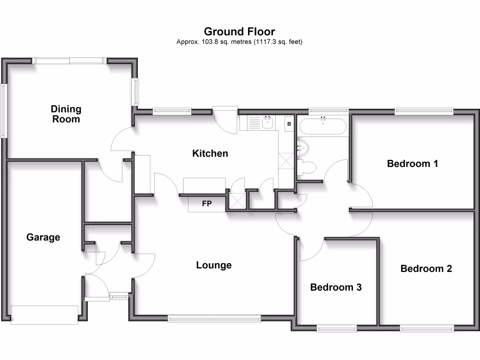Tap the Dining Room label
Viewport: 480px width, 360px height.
[x=66, y=114]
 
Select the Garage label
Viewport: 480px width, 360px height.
[x=43, y=237]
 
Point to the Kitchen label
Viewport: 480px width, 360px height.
[x=210, y=153]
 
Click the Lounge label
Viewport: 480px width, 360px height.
[x=214, y=265]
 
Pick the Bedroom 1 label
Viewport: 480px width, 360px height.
[x=412, y=164]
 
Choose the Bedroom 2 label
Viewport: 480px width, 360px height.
[x=426, y=269]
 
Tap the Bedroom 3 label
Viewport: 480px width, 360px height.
[x=336, y=287]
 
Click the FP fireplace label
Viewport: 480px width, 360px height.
[x=206, y=204]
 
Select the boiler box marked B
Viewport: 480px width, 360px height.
[x=289, y=124]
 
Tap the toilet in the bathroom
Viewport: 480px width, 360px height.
[x=307, y=167]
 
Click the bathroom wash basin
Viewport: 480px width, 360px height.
[x=302, y=148]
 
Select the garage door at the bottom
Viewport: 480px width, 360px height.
[x=45, y=315]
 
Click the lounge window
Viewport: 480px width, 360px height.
[x=214, y=319]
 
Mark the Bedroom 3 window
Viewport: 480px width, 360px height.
[x=336, y=329]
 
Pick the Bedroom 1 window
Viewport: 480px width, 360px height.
[x=424, y=111]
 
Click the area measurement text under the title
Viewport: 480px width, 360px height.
[x=240, y=42]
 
